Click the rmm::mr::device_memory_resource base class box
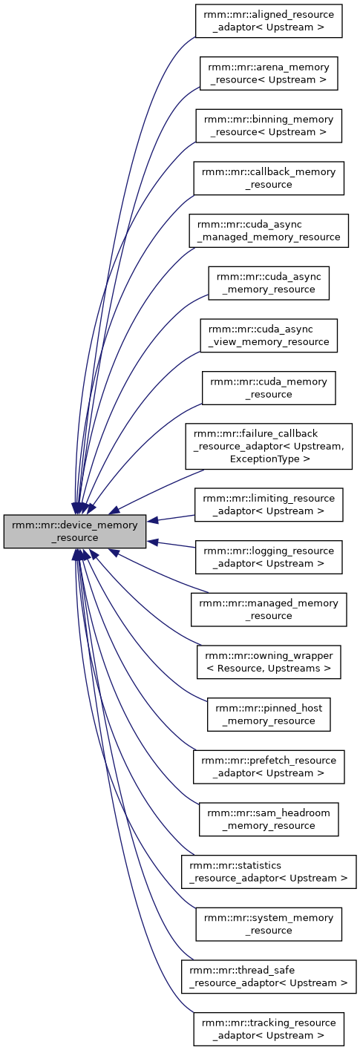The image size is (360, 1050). [74, 531]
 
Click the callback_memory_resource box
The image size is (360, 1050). [269, 178]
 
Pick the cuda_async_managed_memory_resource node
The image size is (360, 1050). [269, 231]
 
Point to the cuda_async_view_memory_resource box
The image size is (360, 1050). [269, 335]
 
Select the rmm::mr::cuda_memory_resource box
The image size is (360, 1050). [269, 387]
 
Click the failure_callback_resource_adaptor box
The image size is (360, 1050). [269, 446]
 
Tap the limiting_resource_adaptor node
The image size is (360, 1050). [269, 505]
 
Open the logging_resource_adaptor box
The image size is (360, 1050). [269, 557]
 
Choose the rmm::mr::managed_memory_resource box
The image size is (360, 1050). [269, 609]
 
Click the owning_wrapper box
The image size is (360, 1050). [269, 661]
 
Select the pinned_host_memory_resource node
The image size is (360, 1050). [269, 714]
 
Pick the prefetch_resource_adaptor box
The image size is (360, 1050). [269, 767]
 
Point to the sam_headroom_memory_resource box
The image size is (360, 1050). [269, 819]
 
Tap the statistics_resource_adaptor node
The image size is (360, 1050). [269, 871]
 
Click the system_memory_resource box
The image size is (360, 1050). [269, 924]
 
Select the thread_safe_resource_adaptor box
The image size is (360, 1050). [269, 977]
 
